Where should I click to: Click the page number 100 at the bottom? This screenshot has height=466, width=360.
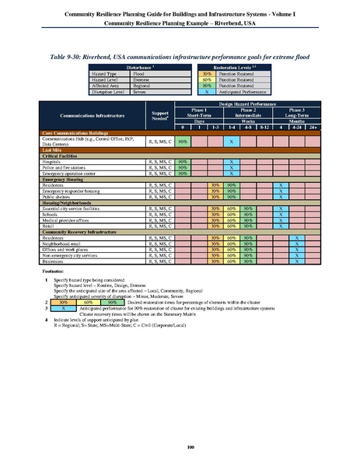point(180,446)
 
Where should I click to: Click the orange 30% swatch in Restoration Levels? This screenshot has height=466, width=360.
point(208,72)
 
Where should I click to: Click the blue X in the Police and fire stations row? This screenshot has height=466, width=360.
point(231,167)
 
